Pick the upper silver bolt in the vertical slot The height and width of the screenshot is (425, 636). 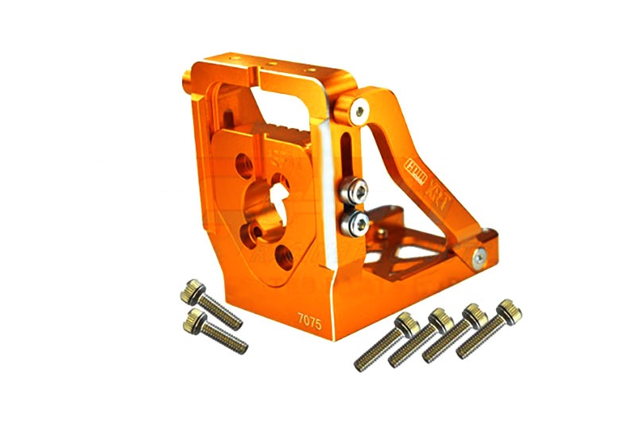tap(354, 190)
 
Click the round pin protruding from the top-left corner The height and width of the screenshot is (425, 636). tap(187, 77)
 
